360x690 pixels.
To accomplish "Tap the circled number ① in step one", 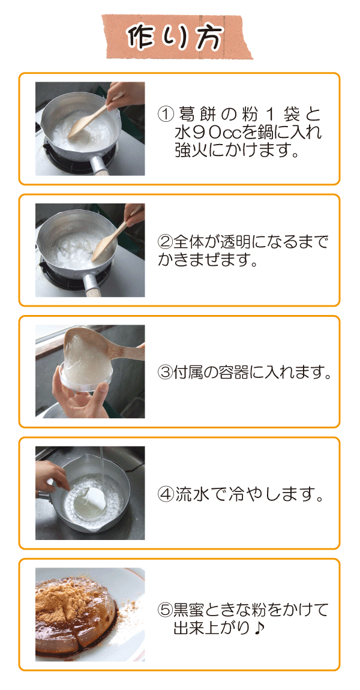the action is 164,115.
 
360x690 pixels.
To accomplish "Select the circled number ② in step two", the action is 164,242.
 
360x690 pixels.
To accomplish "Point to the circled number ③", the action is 164,373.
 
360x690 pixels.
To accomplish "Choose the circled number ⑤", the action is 164,610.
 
